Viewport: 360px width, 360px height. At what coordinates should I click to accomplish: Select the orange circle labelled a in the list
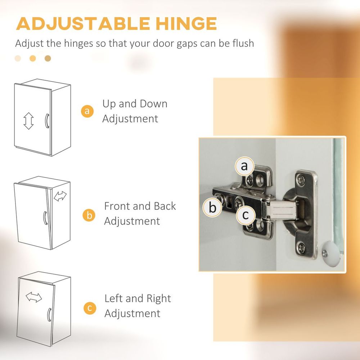[x=87, y=111]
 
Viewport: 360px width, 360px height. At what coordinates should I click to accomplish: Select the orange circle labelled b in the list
[x=89, y=215]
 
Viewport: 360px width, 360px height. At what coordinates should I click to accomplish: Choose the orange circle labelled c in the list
[x=90, y=308]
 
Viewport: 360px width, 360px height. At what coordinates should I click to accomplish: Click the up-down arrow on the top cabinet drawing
[x=28, y=121]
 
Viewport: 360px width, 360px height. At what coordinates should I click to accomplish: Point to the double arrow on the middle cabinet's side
[x=60, y=196]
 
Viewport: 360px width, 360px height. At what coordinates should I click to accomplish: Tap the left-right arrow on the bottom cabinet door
[x=34, y=297]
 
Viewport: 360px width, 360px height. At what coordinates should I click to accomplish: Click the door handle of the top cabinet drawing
[x=46, y=121]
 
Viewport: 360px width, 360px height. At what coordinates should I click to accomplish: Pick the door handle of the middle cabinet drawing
[x=45, y=218]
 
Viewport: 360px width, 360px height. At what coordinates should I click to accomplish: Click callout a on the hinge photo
[x=245, y=166]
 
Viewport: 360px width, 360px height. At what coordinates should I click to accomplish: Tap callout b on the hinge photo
[x=212, y=208]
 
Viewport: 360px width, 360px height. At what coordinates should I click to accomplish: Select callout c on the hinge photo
[x=246, y=215]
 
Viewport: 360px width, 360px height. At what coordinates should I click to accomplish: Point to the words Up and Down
[x=135, y=104]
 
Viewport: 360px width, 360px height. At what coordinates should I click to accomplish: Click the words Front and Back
[x=140, y=206]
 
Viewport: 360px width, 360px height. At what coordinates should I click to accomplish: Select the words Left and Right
[x=138, y=298]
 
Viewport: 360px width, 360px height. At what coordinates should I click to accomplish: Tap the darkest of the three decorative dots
[x=48, y=58]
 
